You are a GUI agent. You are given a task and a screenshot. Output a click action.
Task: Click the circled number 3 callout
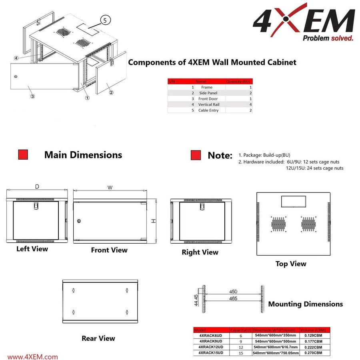[x=32, y=96]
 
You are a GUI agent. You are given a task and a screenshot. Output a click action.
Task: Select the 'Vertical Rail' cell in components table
[x=208, y=104]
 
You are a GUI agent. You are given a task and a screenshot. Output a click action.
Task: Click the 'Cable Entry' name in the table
[x=208, y=110]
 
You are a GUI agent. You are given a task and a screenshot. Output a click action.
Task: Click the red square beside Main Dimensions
[x=23, y=155]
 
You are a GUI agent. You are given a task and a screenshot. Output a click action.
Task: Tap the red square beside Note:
[x=196, y=155]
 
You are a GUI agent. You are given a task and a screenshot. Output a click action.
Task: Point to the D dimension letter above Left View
[x=37, y=186]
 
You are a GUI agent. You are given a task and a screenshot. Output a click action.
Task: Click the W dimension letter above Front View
[x=110, y=186]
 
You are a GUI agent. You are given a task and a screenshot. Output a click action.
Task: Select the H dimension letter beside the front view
[x=153, y=221]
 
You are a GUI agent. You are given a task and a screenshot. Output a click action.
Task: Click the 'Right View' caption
[x=200, y=252]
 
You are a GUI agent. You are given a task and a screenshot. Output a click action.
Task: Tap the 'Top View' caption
[x=291, y=264]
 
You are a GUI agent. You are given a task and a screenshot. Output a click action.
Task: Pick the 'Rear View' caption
[x=98, y=338]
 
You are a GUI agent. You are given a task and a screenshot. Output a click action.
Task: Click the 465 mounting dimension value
[x=233, y=298]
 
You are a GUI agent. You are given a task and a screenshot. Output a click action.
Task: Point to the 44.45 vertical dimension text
[x=195, y=300]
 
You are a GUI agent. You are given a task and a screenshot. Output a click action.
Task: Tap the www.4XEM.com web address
[x=33, y=357]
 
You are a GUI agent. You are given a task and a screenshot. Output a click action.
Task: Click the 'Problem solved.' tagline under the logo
[x=328, y=38]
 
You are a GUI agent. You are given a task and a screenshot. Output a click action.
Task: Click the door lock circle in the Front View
[x=79, y=221]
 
